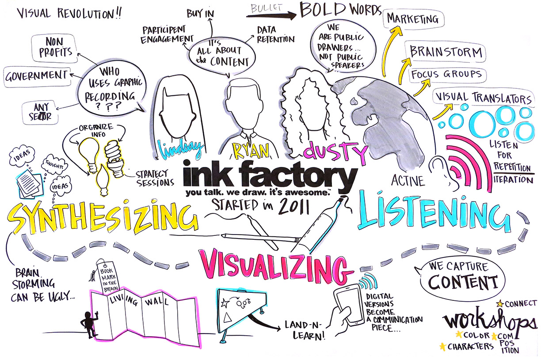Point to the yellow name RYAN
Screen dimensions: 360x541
coord(251,151)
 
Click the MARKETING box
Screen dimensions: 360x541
coord(412,19)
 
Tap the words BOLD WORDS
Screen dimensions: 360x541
coord(339,10)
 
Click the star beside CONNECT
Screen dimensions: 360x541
coord(500,303)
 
